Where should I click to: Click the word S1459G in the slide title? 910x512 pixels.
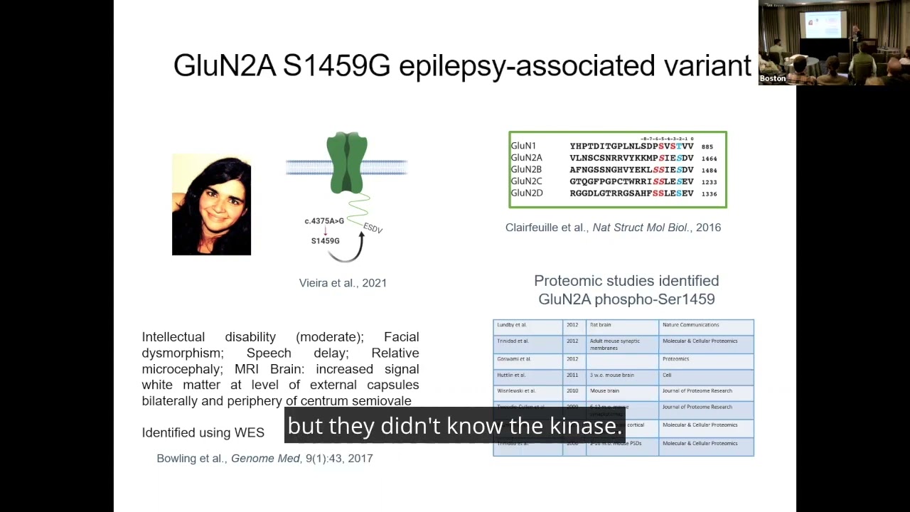point(336,65)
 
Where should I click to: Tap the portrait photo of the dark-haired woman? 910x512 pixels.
point(211,205)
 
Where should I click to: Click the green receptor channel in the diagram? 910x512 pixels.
point(347,162)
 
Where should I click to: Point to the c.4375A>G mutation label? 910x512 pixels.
point(324,221)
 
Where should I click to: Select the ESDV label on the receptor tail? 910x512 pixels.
point(373,228)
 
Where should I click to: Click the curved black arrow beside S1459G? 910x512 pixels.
point(358,248)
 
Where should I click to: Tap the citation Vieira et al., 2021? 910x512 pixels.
point(343,283)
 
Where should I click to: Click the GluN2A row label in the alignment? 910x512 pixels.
point(526,158)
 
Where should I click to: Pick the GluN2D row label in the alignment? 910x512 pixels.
point(526,193)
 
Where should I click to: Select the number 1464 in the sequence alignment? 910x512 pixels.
point(709,159)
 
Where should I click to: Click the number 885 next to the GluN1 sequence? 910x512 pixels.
point(707,146)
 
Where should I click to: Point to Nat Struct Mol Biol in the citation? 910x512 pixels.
point(640,228)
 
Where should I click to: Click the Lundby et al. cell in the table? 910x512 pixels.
point(512,325)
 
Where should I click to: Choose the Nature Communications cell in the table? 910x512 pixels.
point(690,325)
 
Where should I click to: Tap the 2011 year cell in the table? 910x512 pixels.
point(572,375)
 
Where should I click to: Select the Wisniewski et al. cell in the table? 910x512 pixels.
point(516,391)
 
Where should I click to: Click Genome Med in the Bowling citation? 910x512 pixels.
point(265,459)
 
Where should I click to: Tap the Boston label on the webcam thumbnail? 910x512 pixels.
point(773,78)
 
